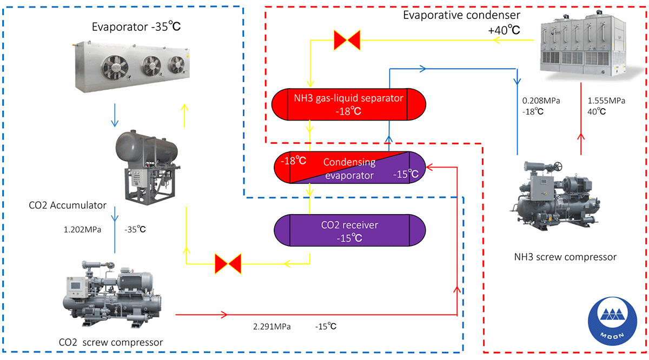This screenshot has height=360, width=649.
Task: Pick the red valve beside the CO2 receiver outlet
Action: point(228,264)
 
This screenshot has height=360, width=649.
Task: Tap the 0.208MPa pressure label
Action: point(540,101)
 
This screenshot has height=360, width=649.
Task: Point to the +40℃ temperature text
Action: point(504,31)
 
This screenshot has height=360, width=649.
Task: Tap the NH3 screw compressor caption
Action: point(565,256)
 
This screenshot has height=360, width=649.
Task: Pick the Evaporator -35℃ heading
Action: point(140,26)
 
